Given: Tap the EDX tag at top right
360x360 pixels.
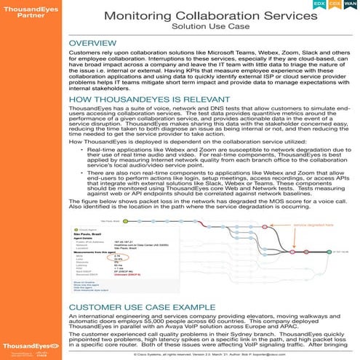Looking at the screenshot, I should [319, 4].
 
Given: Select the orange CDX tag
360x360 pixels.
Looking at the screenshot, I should [335, 4].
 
